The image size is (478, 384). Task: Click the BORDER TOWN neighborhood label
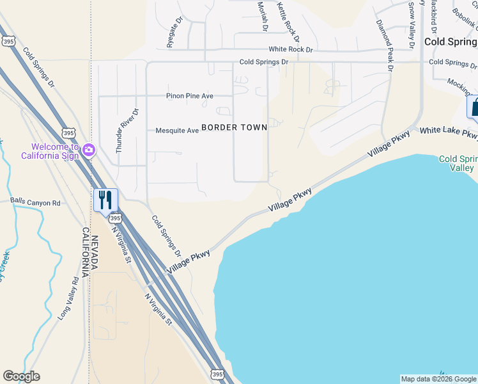click(234, 127)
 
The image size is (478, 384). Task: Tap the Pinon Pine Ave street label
click(189, 96)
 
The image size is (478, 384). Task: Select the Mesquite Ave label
click(177, 131)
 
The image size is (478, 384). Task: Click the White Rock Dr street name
click(291, 49)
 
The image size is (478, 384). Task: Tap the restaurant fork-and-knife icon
click(105, 200)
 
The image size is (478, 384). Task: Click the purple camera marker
click(88, 150)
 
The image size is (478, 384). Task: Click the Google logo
click(21, 376)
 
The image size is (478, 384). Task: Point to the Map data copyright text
click(438, 379)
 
